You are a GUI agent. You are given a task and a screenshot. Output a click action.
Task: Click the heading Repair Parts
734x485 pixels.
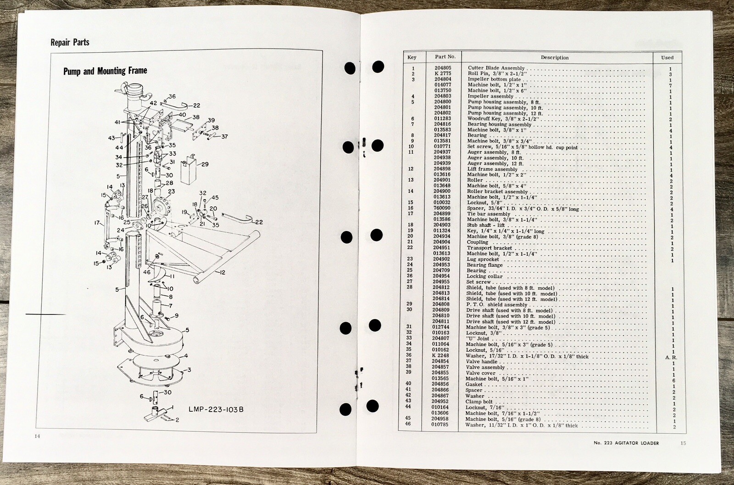click(x=70, y=43)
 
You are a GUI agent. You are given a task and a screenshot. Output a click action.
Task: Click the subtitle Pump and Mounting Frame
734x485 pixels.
click(x=105, y=71)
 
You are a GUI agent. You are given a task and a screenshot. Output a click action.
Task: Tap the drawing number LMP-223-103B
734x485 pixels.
click(x=215, y=409)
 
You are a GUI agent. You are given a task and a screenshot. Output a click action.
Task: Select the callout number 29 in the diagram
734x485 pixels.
click(x=205, y=164)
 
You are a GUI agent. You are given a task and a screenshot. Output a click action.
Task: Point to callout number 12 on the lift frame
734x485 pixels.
click(x=222, y=273)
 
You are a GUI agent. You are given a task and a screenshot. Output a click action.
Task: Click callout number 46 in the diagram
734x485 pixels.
click(x=146, y=272)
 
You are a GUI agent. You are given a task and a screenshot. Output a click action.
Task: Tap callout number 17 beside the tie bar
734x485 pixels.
click(x=97, y=223)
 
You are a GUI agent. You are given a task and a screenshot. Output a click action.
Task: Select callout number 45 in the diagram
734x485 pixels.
click(x=215, y=198)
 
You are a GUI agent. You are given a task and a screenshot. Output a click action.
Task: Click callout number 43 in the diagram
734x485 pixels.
click(x=111, y=138)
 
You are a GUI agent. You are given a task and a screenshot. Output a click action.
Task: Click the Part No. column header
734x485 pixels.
click(x=445, y=57)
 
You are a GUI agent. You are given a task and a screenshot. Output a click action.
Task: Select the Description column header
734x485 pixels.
click(x=554, y=58)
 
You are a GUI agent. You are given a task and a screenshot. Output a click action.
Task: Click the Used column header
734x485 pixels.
click(x=667, y=57)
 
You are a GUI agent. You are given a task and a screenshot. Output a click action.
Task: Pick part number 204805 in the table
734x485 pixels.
click(x=442, y=68)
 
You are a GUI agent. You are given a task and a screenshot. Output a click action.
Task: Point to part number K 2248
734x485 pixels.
click(x=441, y=356)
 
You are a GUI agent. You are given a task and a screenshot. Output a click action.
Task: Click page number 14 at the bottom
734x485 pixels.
click(x=38, y=436)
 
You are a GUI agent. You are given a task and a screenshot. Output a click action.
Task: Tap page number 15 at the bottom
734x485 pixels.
click(x=683, y=442)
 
